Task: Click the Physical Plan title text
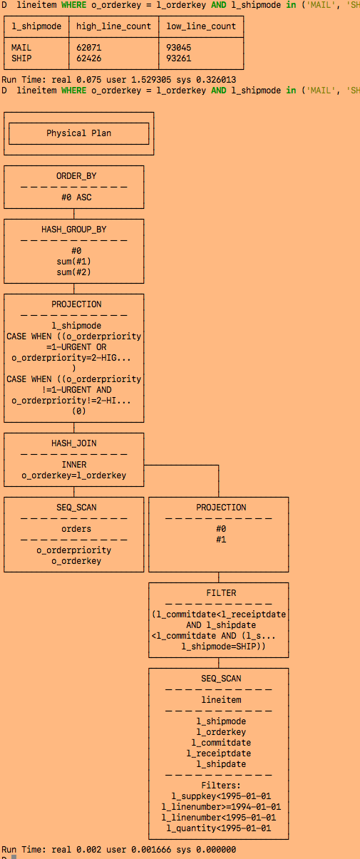78,133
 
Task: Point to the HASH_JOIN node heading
74,443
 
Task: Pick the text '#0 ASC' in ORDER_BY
76,197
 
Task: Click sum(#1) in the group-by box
76,262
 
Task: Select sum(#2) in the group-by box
76,272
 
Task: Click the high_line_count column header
113,26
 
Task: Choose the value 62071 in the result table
89,48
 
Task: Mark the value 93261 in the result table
178,58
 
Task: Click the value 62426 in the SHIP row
89,58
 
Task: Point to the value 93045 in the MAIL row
178,48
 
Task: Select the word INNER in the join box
74,465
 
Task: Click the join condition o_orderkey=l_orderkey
74,475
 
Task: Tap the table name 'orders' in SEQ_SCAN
76,529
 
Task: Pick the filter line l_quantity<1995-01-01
219,828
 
